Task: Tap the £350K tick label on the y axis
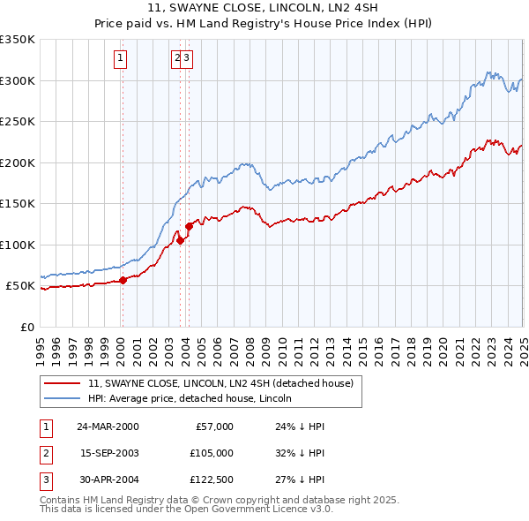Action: click(x=18, y=40)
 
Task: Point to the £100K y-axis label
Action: click(x=18, y=245)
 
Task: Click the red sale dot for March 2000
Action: click(x=123, y=280)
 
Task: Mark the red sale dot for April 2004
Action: click(x=189, y=227)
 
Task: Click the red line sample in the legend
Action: click(x=62, y=383)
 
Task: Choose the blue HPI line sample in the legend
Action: click(x=62, y=398)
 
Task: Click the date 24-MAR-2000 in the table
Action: click(x=108, y=426)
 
